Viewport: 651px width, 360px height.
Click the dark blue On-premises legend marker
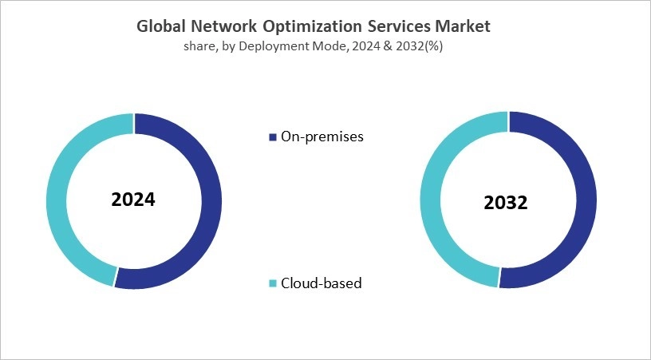(274, 136)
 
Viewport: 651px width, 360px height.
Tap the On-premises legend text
(322, 136)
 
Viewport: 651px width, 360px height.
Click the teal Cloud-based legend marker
(274, 283)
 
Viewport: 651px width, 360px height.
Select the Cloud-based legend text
(321, 283)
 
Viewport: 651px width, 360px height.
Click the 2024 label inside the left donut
(133, 200)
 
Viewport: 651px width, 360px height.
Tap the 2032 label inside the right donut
(506, 203)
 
